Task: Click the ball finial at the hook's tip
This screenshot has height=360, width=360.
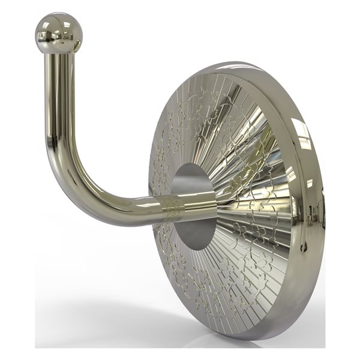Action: pyautogui.click(x=57, y=32)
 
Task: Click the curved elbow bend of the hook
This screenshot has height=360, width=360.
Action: pyautogui.click(x=72, y=186)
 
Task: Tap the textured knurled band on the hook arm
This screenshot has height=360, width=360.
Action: pyautogui.click(x=173, y=207)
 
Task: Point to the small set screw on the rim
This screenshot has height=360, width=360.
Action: pyautogui.click(x=304, y=246)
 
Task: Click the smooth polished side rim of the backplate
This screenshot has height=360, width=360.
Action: pyautogui.click(x=312, y=198)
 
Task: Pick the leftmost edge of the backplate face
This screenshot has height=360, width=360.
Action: pyautogui.click(x=150, y=198)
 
